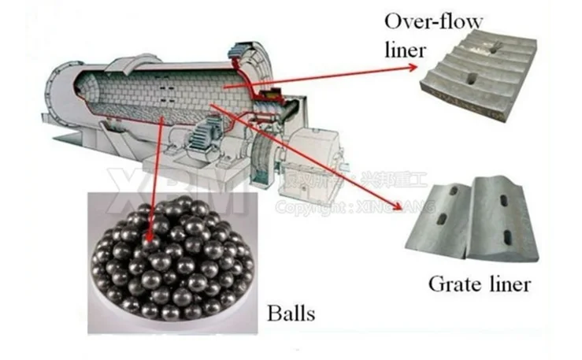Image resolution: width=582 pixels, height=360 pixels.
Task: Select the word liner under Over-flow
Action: pyautogui.click(x=406, y=50)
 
